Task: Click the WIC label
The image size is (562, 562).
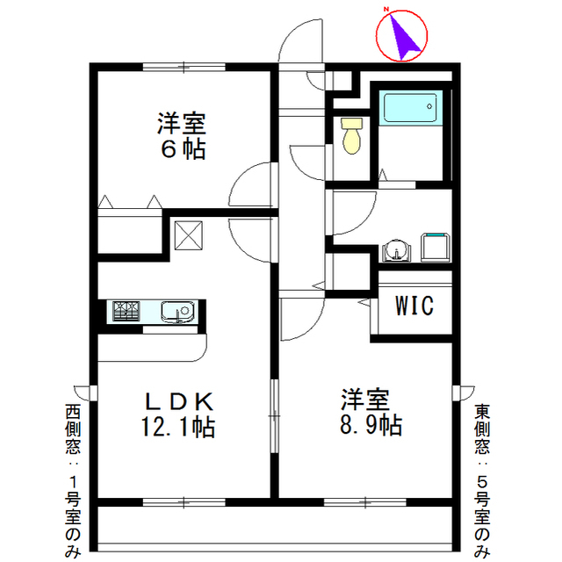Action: [414, 306]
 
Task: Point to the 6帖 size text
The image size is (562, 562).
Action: [183, 149]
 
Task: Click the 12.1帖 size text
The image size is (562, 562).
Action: [180, 428]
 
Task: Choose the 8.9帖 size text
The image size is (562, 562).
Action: [367, 426]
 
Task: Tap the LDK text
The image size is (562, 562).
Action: [179, 401]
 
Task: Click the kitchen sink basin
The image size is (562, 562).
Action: [178, 311]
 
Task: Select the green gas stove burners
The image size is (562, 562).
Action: [125, 311]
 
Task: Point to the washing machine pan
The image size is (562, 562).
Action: [435, 247]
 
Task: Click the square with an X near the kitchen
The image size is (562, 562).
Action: [188, 234]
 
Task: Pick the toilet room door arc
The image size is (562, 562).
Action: [307, 158]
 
